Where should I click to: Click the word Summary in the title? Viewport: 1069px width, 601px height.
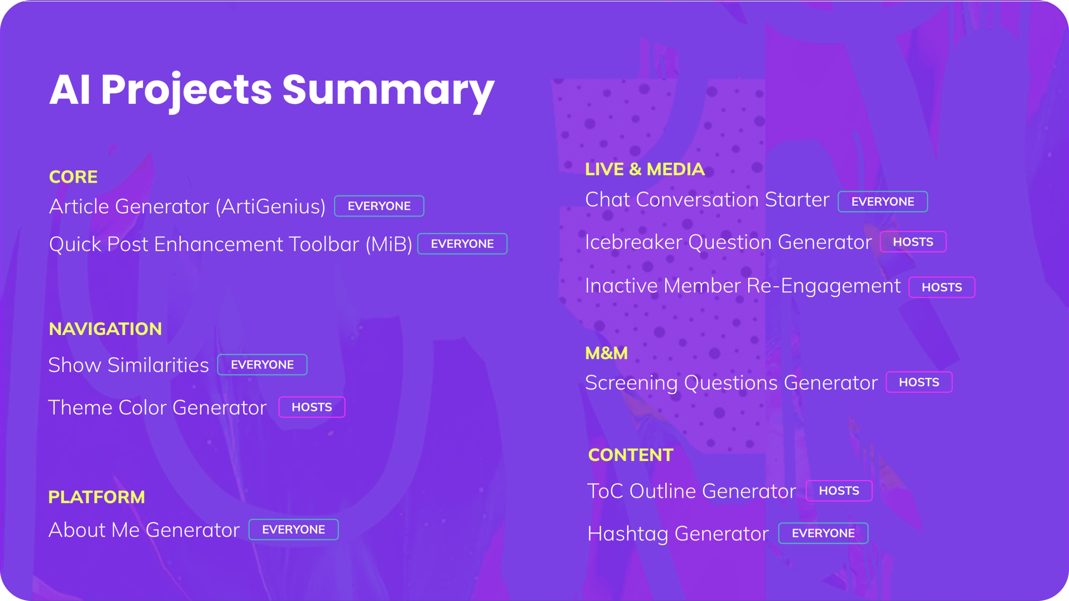[388, 91]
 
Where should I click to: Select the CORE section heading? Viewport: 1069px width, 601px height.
[73, 177]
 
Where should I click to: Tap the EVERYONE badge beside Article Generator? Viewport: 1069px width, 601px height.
[379, 206]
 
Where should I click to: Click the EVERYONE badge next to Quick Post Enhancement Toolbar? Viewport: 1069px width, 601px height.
[462, 244]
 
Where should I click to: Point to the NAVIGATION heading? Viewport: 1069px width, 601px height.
[105, 329]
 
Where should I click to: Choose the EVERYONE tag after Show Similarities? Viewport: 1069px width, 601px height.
[262, 365]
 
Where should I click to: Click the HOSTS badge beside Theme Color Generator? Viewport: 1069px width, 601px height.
[312, 407]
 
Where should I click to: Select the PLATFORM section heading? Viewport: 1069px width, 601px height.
[97, 497]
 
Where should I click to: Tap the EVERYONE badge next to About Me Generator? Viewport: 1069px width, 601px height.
[293, 530]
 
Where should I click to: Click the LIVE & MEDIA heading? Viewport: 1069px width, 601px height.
[645, 169]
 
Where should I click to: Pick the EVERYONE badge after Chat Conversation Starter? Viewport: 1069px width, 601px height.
[883, 202]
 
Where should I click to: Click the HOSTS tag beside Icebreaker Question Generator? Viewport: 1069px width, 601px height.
[913, 242]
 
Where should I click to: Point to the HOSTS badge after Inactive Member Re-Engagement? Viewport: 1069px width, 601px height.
[942, 287]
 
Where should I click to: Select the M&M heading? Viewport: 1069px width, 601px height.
[606, 354]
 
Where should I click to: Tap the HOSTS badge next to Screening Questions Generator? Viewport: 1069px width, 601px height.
[919, 382]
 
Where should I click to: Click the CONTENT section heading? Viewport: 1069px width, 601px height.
[631, 455]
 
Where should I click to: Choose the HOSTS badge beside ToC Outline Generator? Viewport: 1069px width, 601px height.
[839, 491]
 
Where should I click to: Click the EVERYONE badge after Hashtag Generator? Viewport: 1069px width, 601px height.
[823, 533]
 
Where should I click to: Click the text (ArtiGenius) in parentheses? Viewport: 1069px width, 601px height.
[271, 207]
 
